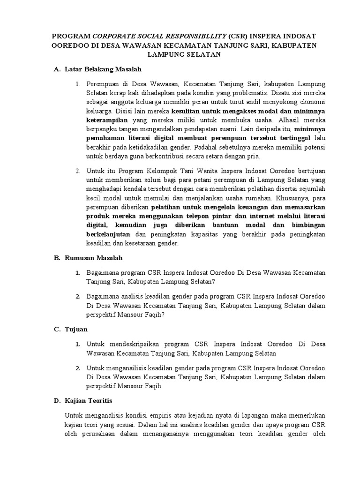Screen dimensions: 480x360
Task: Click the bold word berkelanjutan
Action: coord(109,234)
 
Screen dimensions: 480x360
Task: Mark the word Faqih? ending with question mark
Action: coord(151,315)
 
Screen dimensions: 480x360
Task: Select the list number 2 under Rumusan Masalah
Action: coord(78,297)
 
